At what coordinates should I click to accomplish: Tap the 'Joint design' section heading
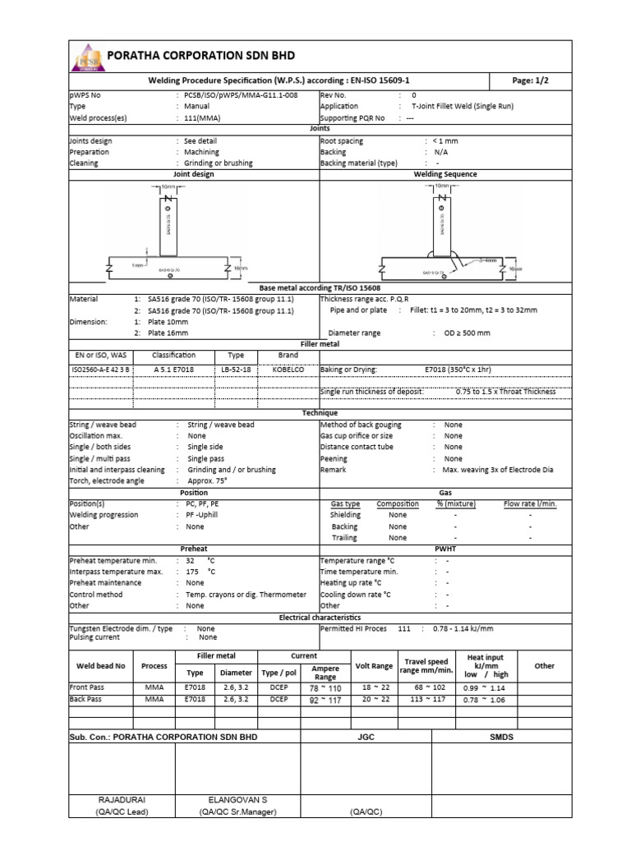point(193,174)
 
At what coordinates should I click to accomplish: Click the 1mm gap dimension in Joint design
point(137,266)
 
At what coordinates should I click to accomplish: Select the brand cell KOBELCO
point(288,370)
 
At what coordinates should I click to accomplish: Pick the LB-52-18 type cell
point(236,370)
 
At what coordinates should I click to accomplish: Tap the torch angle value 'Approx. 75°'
point(207,480)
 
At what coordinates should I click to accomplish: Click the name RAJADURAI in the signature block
point(122,798)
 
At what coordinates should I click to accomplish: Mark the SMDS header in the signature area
point(501,738)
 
